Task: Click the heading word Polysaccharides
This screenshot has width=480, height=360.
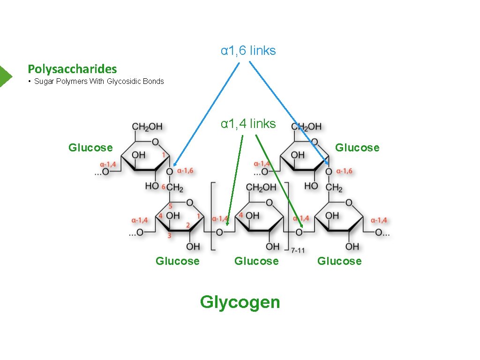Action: click(x=72, y=69)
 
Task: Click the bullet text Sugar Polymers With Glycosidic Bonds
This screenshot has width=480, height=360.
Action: click(x=99, y=82)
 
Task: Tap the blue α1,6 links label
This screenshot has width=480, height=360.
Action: click(x=248, y=51)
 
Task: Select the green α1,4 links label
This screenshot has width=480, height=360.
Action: click(x=248, y=124)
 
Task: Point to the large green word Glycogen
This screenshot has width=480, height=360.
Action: click(x=240, y=302)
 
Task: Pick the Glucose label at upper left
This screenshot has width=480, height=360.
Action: click(x=90, y=148)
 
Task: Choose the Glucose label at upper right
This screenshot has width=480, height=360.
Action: click(x=357, y=148)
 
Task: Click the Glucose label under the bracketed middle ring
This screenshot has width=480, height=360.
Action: click(x=256, y=261)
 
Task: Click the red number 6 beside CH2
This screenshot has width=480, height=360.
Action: click(x=163, y=187)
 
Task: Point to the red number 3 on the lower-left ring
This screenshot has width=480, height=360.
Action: click(x=169, y=235)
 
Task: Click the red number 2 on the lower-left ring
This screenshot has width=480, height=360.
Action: click(x=187, y=226)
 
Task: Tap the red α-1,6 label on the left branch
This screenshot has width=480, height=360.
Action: click(x=186, y=171)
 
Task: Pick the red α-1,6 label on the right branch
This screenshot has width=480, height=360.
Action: click(x=345, y=171)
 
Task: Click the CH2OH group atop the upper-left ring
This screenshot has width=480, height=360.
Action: click(x=147, y=127)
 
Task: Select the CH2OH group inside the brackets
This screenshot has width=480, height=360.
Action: click(x=261, y=188)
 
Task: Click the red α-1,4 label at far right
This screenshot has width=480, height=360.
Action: click(x=379, y=220)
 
